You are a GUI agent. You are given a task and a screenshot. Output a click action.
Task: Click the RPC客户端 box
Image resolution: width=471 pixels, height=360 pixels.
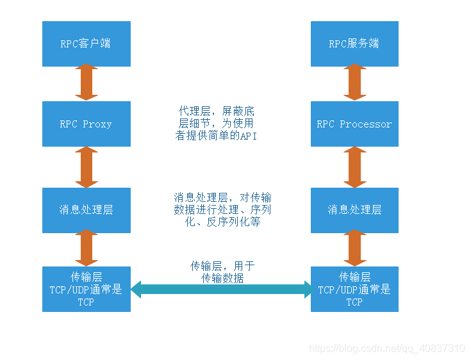point(87,44)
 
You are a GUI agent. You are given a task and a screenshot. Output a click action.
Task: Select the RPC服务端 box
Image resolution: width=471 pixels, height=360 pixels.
point(354,44)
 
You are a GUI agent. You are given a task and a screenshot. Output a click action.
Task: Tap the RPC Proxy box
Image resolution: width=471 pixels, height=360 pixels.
point(87,124)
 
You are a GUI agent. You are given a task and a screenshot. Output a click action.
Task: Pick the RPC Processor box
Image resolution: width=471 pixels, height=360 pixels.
point(354,124)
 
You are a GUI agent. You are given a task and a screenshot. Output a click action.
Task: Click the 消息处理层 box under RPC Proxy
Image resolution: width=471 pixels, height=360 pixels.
point(87,210)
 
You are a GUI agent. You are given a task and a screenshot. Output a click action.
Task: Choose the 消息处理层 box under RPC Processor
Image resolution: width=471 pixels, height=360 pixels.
point(354,210)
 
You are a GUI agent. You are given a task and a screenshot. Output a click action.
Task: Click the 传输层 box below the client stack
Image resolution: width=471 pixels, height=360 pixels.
point(87,289)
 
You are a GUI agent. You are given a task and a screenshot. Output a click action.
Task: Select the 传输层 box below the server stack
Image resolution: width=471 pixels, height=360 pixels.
point(354,289)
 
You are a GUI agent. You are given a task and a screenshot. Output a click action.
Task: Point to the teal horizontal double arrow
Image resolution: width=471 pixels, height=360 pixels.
point(222,290)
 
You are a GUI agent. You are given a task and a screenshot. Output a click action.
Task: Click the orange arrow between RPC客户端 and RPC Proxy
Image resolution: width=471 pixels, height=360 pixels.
point(87,82)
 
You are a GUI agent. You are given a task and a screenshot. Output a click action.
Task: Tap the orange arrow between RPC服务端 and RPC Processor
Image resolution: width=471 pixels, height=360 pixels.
point(355,82)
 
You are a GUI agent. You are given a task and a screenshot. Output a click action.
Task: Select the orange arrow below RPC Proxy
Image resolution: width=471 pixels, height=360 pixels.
point(87,167)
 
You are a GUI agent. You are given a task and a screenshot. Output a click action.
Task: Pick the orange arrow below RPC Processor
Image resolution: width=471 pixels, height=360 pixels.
point(355,167)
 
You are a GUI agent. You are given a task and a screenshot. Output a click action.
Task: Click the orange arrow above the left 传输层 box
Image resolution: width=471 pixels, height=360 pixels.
point(87,248)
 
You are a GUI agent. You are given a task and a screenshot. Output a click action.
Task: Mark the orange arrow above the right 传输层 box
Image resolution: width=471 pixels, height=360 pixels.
point(355,248)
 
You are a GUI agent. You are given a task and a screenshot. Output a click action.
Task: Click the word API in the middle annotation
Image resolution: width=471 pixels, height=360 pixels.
point(249,136)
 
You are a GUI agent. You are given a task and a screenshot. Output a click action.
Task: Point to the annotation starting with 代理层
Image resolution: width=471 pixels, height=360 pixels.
point(217,124)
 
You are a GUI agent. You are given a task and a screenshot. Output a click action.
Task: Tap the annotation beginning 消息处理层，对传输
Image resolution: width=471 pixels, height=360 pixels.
point(222,209)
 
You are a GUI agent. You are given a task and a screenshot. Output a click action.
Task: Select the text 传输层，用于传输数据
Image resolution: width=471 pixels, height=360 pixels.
point(222,272)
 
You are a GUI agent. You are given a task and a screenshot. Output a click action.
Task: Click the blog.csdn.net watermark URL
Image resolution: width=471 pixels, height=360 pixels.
point(387,348)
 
